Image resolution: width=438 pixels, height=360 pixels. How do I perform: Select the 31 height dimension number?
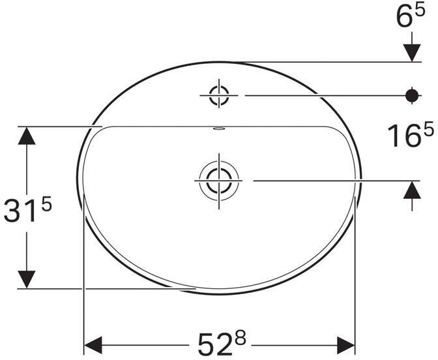tap(20, 213)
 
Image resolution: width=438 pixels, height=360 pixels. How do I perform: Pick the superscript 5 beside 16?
tap(427, 129)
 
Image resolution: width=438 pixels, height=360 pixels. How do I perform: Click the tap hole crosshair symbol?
tap(218, 95)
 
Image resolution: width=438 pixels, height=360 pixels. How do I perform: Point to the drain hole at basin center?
tap(218, 179)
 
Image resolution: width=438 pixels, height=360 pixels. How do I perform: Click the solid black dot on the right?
tap(411, 95)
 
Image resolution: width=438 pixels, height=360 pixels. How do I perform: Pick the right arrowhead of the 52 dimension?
tap(345, 343)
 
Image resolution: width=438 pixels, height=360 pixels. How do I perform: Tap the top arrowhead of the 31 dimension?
tap(26, 135)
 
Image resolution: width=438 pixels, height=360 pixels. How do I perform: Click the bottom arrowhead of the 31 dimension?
tap(26, 278)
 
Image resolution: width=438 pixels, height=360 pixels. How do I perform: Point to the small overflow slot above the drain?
tap(218, 128)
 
